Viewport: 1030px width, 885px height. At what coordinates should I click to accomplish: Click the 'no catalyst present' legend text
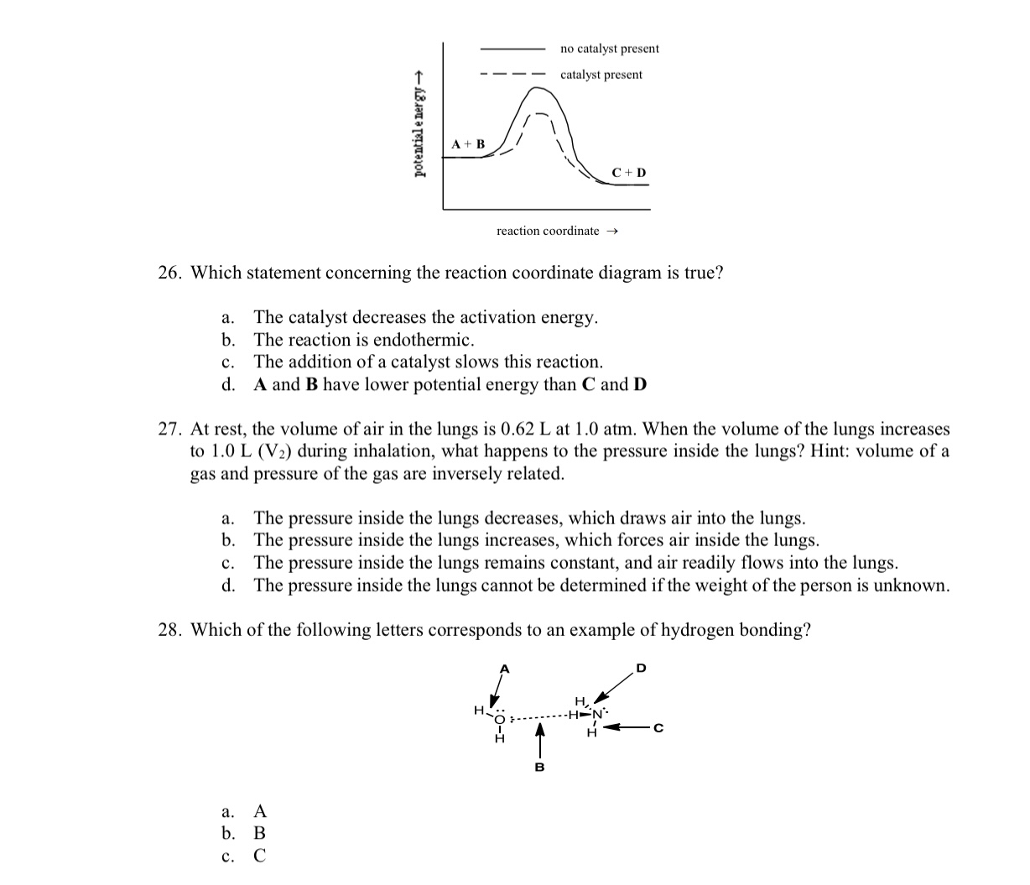[609, 49]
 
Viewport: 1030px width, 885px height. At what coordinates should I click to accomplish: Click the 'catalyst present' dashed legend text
[601, 75]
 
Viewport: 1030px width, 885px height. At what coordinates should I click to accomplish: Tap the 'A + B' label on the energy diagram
[468, 144]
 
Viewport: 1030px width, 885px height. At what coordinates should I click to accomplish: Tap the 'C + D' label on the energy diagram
[629, 173]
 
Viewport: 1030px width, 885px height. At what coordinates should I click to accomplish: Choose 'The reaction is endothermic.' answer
[364, 340]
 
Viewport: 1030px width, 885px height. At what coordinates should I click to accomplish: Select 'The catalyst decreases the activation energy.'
[426, 317]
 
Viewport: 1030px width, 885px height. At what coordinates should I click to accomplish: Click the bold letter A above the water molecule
[504, 669]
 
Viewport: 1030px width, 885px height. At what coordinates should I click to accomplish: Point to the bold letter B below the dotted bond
[539, 767]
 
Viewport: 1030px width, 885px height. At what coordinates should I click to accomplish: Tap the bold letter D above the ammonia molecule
[641, 669]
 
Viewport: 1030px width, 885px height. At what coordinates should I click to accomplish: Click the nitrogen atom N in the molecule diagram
[598, 716]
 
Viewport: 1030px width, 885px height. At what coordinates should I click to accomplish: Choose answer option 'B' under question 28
[259, 834]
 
